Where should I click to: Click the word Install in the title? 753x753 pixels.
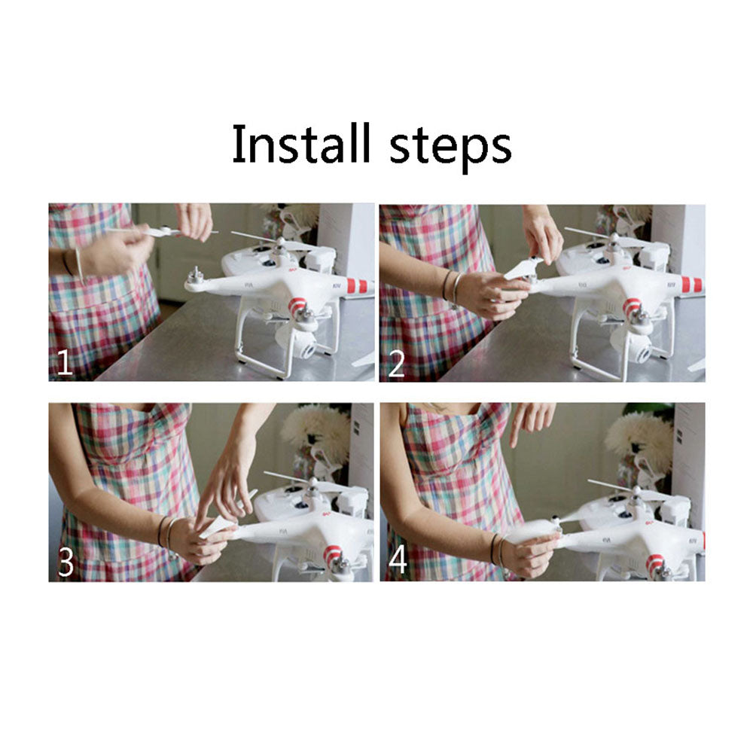[302, 143]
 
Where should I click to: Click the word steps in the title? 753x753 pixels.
[450, 148]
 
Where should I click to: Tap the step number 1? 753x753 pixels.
[65, 363]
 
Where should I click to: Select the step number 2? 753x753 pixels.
[396, 364]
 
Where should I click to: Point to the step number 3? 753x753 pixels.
[66, 562]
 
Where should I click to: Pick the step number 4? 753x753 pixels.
[398, 560]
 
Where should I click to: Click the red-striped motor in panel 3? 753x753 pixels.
[334, 558]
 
